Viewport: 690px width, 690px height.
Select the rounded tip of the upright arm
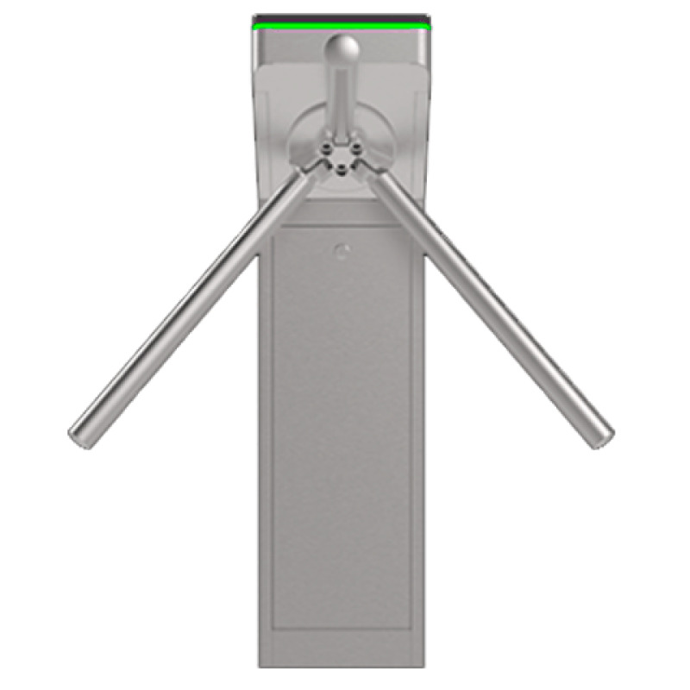click(x=342, y=47)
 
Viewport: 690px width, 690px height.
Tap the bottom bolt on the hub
click(x=342, y=170)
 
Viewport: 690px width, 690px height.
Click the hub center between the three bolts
click(x=342, y=156)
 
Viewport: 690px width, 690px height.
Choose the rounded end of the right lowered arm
click(x=603, y=437)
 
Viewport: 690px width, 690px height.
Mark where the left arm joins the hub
click(x=309, y=176)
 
